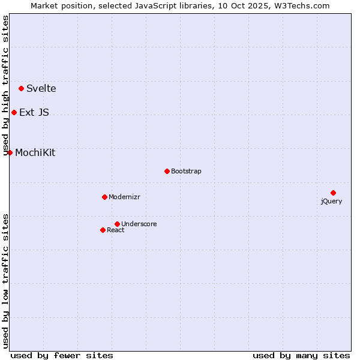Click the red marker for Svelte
click(21, 88)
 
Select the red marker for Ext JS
click(14, 112)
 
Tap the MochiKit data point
click(10, 152)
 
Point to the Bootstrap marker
click(167, 171)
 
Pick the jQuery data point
click(333, 193)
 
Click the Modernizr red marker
click(104, 197)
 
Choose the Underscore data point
click(117, 224)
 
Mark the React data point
click(103, 230)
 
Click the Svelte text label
click(41, 88)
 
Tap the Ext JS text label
click(34, 112)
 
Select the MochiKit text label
click(35, 152)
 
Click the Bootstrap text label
click(186, 171)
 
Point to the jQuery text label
click(331, 201)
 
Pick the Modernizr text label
click(124, 197)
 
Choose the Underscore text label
click(139, 224)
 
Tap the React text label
click(116, 230)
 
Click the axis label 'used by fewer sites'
click(62, 355)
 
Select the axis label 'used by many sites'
click(301, 355)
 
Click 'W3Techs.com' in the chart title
click(301, 6)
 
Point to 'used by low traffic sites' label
click(6, 280)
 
